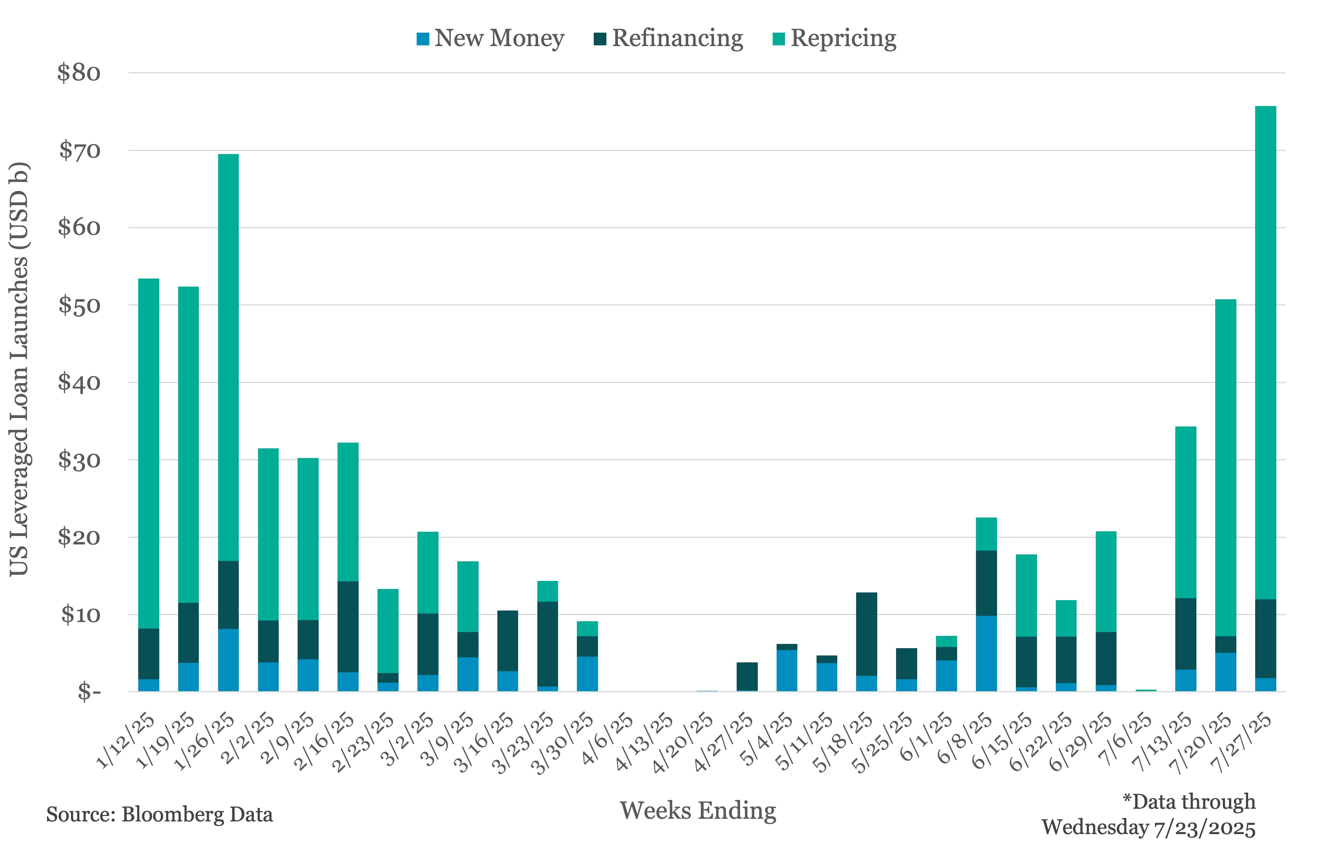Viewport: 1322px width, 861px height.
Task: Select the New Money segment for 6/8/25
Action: [x=986, y=653]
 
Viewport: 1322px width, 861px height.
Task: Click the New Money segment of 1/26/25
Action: [x=228, y=660]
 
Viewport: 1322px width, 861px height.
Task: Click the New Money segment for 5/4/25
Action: [x=787, y=670]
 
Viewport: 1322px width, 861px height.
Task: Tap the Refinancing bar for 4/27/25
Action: [x=747, y=676]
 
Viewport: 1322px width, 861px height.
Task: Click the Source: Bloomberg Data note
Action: [x=159, y=815]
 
